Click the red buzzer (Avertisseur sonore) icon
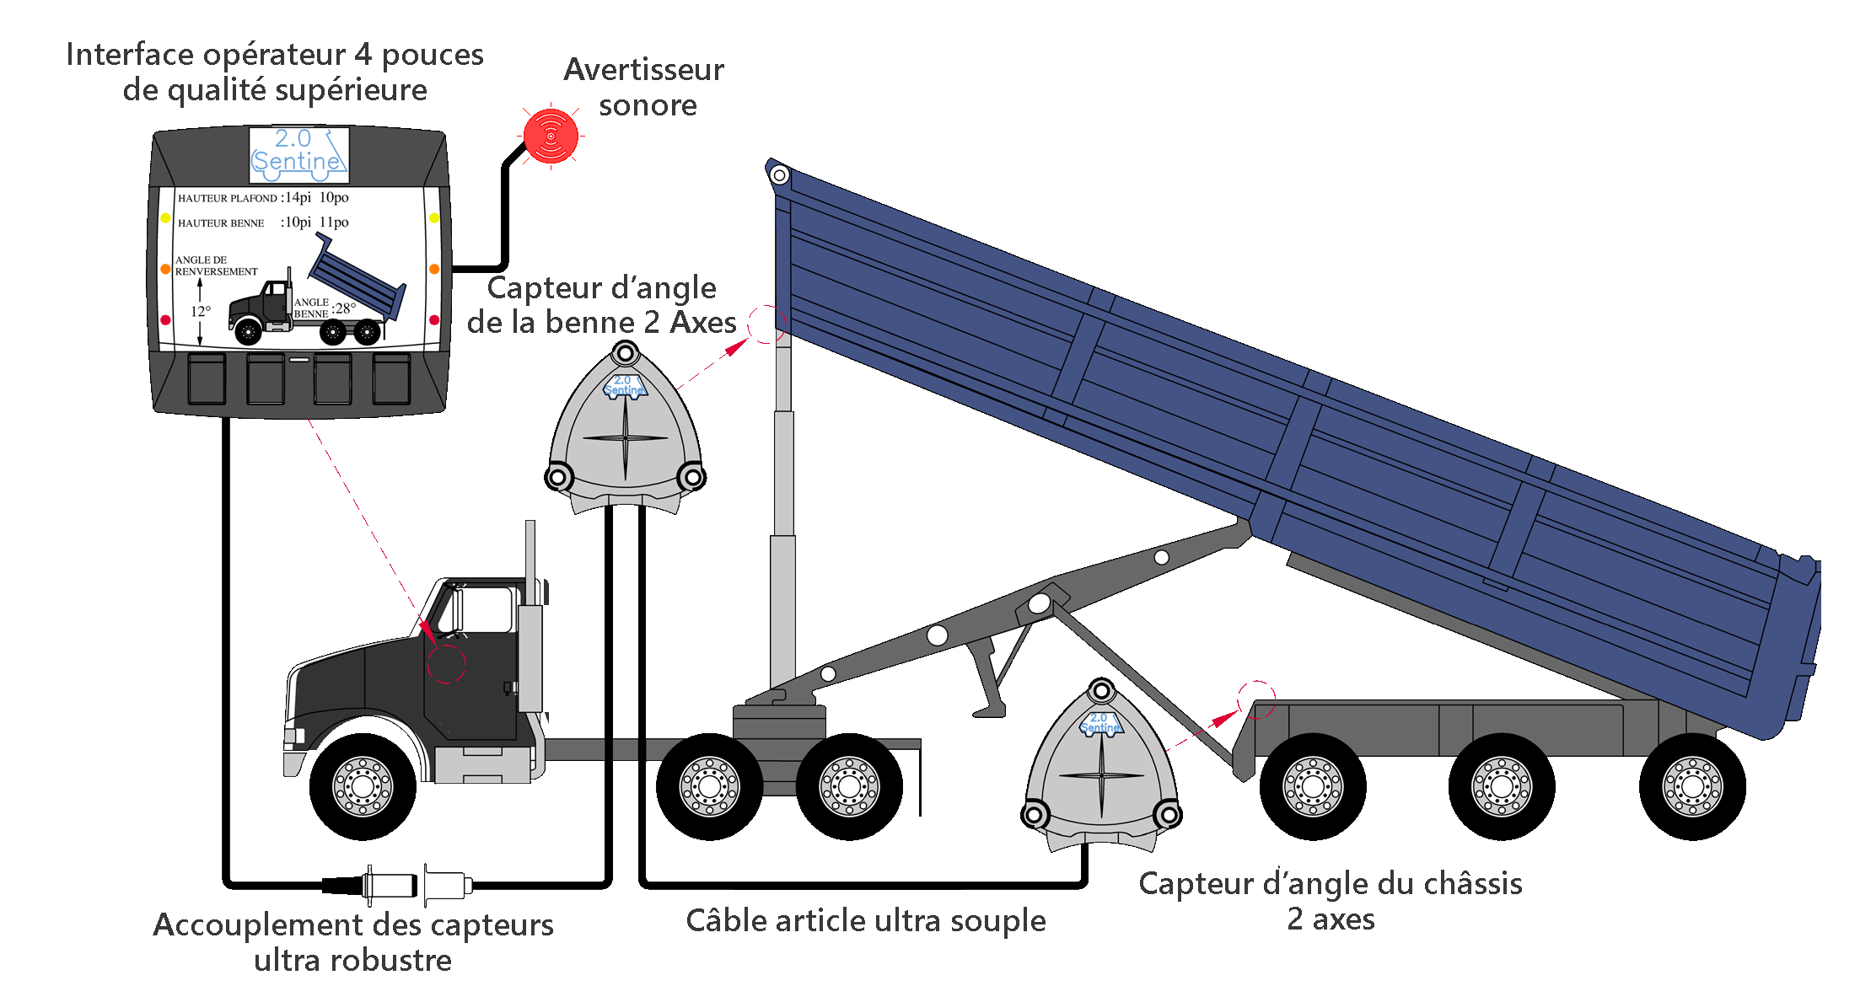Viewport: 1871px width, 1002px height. (551, 136)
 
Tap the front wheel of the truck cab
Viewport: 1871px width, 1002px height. (363, 786)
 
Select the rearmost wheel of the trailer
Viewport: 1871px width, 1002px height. (1691, 786)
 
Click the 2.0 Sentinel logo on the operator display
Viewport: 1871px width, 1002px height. (298, 153)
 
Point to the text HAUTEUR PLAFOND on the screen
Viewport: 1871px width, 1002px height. (227, 199)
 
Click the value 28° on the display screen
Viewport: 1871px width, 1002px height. (347, 308)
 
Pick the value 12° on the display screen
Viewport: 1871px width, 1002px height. (201, 312)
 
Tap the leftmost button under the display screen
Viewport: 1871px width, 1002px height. (207, 379)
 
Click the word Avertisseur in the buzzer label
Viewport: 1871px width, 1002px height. (643, 70)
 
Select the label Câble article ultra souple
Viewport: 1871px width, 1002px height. (865, 921)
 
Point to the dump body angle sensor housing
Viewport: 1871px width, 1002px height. (625, 430)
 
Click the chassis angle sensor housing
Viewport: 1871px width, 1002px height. (1101, 767)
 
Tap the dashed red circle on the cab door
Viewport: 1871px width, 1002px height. (446, 663)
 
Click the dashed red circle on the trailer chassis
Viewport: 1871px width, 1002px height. (1256, 699)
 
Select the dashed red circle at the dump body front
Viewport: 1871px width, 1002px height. (766, 324)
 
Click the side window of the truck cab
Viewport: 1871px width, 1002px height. (481, 608)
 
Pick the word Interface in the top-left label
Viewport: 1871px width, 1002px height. (130, 55)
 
